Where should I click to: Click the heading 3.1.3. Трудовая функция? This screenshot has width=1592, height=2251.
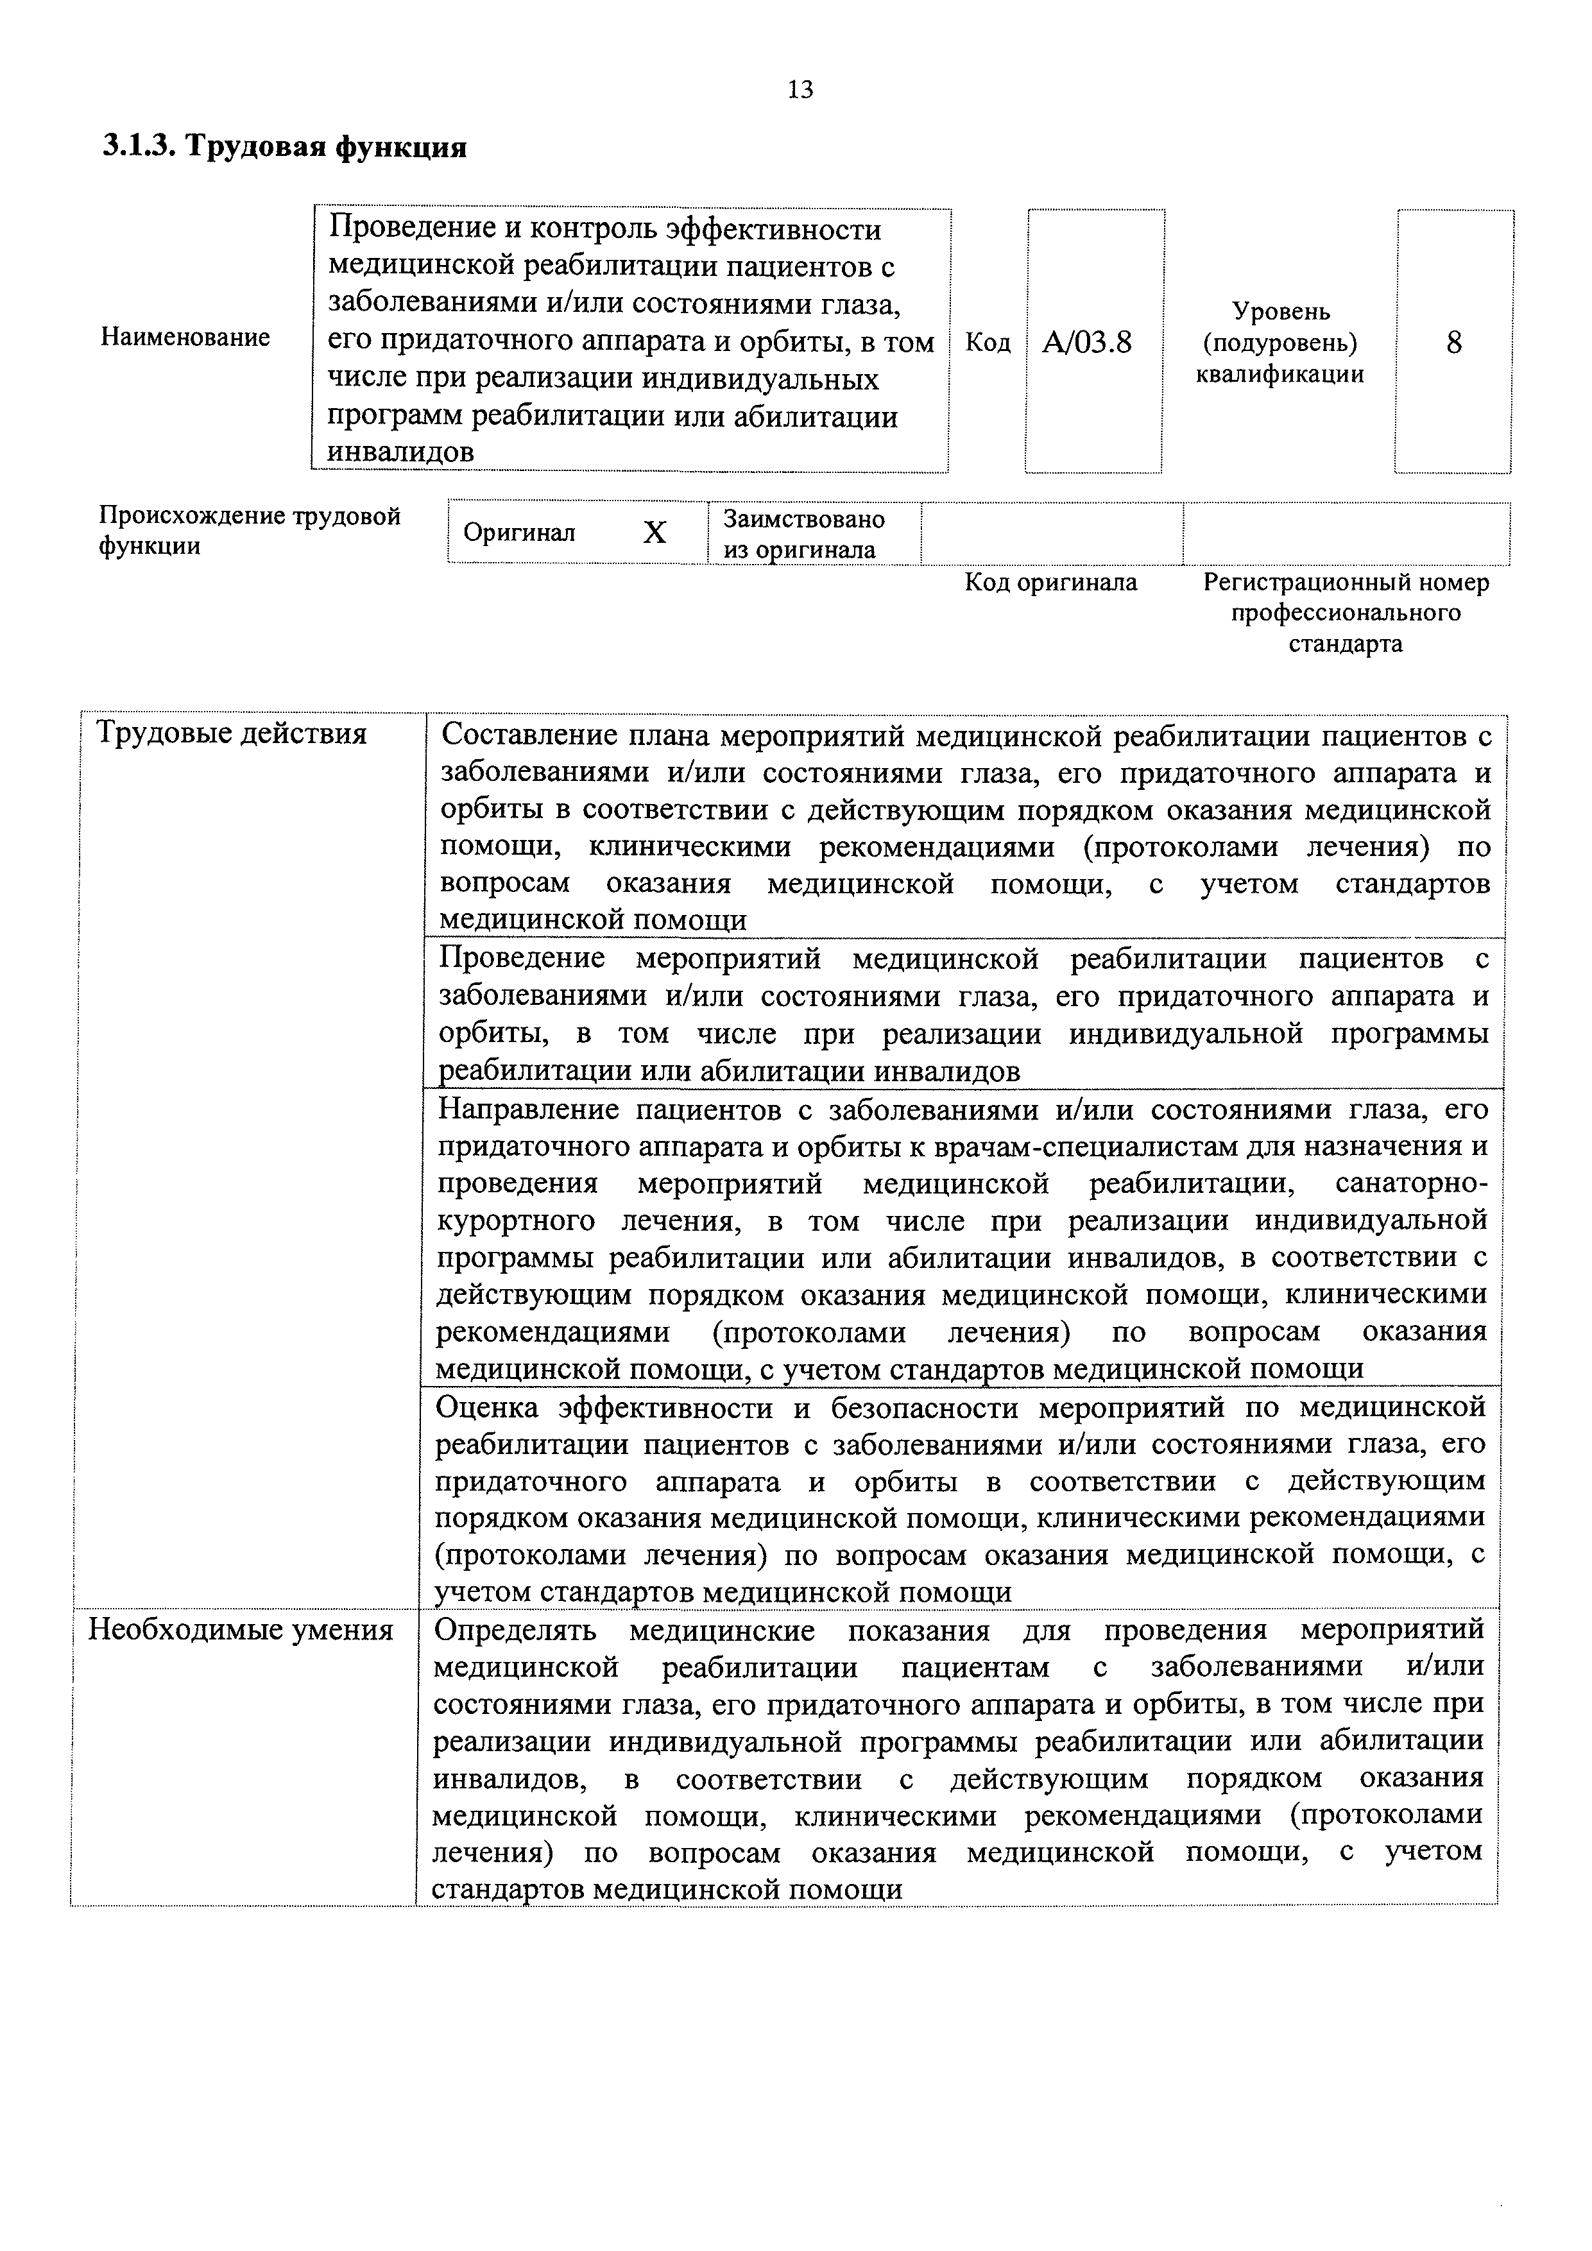click(x=284, y=147)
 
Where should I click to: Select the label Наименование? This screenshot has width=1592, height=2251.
click(x=185, y=338)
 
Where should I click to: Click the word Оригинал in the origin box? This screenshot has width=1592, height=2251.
click(x=518, y=533)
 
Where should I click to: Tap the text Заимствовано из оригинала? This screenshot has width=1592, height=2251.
click(x=804, y=533)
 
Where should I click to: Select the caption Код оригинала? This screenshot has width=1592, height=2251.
click(x=1051, y=583)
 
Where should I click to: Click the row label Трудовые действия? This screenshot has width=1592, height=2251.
click(x=232, y=733)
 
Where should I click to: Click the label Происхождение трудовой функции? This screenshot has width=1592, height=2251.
click(x=250, y=531)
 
